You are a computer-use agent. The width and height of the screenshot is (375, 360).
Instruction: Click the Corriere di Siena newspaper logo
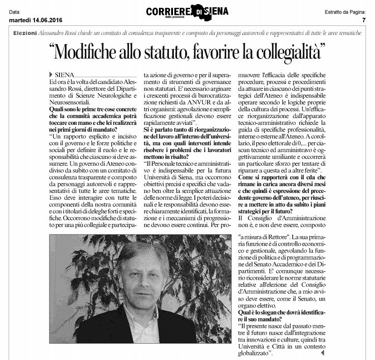pos(187,11)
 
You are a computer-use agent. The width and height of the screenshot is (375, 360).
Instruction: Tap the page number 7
pos(364,20)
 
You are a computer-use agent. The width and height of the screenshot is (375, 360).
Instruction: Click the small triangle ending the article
pos(323,352)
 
